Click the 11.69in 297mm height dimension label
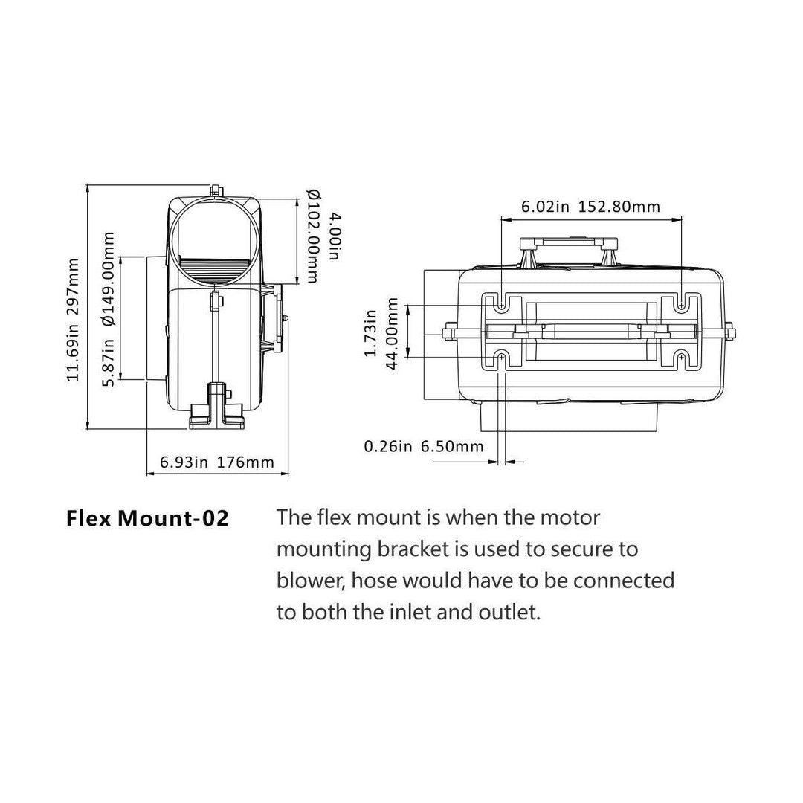pyautogui.click(x=73, y=320)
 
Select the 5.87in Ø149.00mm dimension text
pyautogui.click(x=109, y=309)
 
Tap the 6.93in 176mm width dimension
pyautogui.click(x=217, y=462)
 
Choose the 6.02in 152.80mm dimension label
pyautogui.click(x=590, y=207)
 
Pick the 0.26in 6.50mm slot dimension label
pyautogui.click(x=423, y=446)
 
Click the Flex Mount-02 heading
pyautogui.click(x=147, y=518)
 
